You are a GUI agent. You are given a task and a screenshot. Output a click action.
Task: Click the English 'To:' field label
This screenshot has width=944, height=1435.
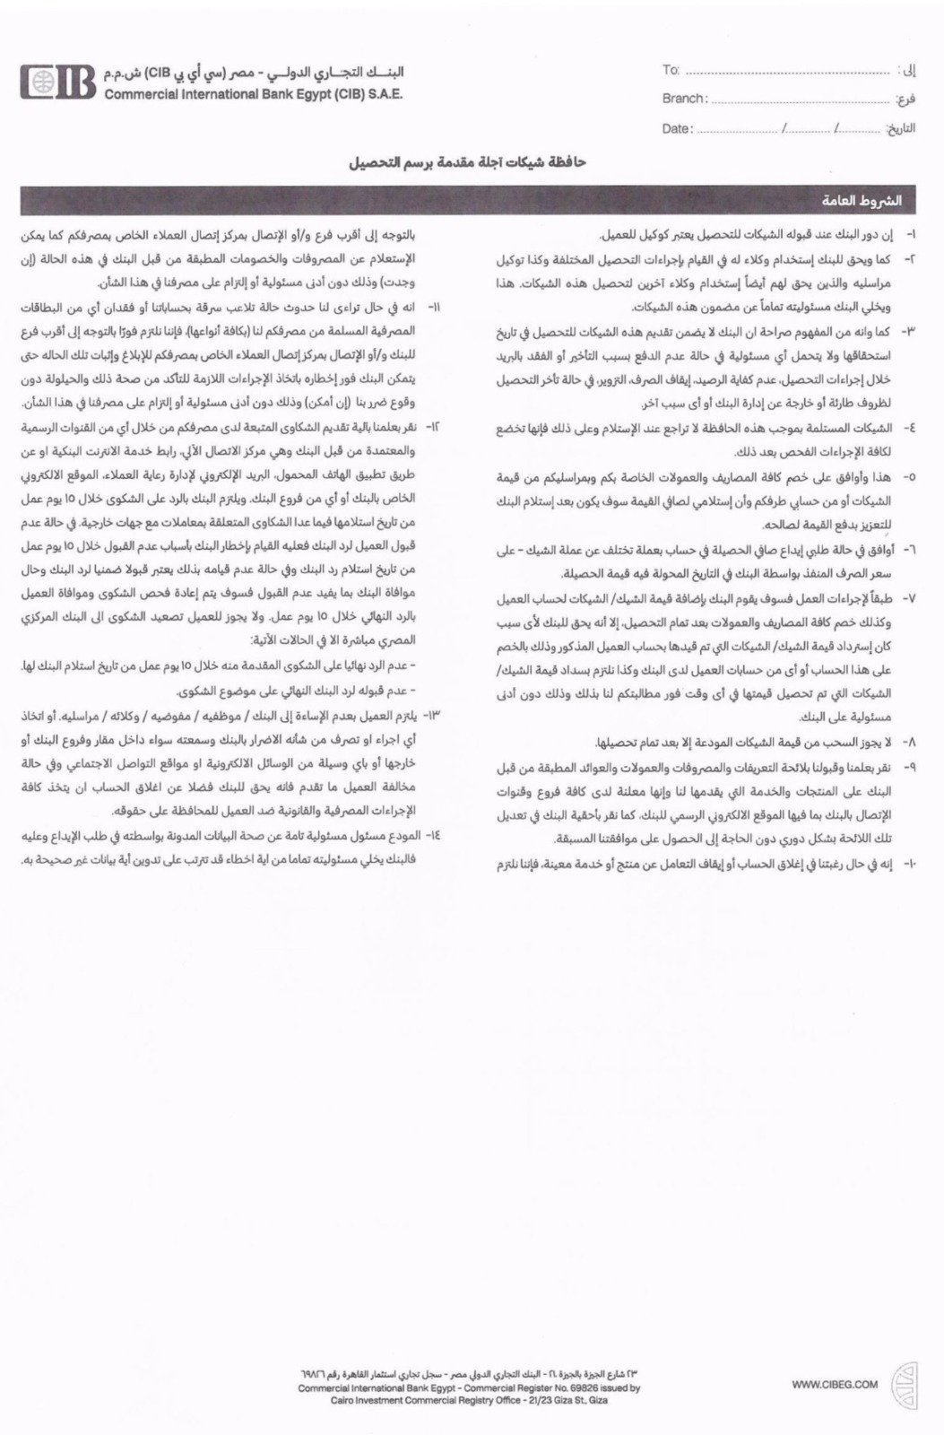click(x=671, y=70)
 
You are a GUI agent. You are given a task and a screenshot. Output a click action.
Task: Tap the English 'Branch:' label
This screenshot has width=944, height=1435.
click(x=685, y=99)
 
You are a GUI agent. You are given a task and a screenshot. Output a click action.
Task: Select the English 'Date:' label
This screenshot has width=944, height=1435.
click(x=678, y=128)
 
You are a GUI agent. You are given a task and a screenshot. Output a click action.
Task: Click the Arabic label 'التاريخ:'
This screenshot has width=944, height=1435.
click(x=901, y=129)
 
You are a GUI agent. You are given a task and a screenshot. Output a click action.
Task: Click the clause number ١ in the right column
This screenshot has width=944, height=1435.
click(x=910, y=235)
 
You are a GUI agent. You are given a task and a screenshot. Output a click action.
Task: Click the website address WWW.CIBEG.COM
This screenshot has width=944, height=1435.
click(x=835, y=1385)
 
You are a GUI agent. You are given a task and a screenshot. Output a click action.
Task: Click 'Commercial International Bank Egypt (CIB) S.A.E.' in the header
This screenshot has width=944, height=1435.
click(x=254, y=94)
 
